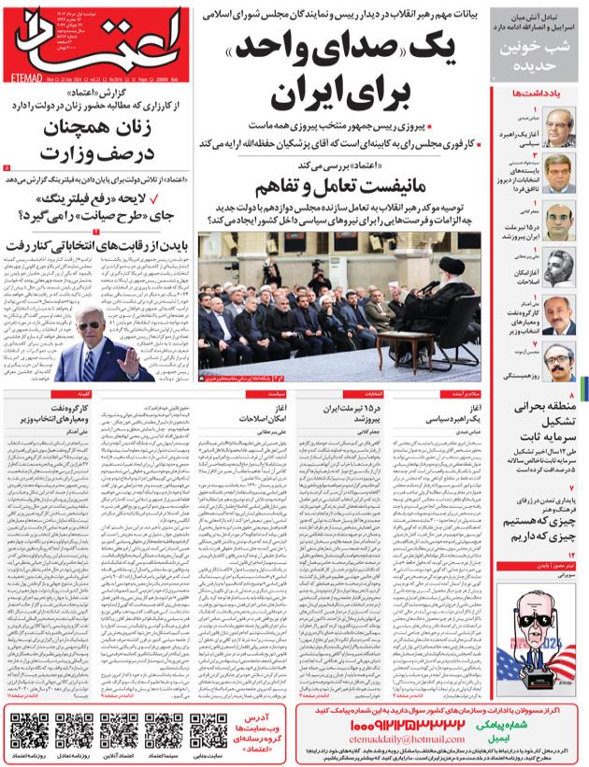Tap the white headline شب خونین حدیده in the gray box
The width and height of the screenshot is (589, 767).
click(536, 58)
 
